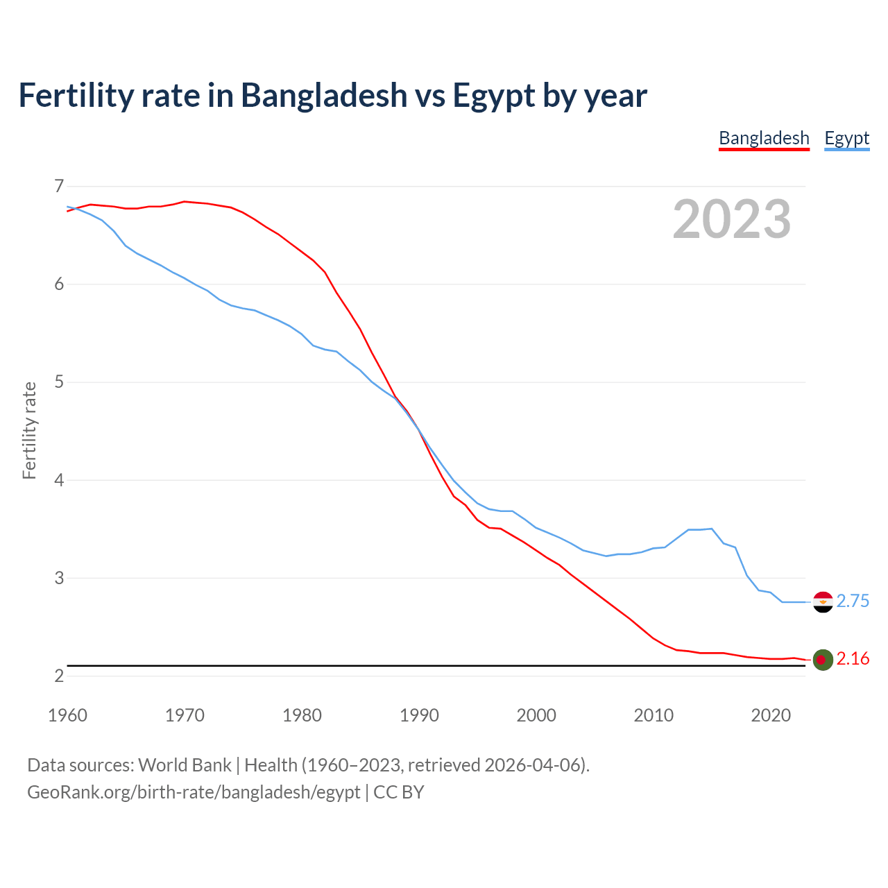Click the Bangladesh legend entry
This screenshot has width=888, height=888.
[764, 138]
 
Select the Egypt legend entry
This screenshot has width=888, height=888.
[846, 138]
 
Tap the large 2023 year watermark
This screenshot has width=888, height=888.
[732, 219]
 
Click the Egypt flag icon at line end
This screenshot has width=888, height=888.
[822, 601]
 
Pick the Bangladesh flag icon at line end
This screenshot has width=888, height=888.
[822, 659]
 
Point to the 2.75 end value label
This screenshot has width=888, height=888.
[853, 601]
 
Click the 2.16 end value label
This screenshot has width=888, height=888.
[853, 659]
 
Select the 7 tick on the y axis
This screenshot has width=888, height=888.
[58, 186]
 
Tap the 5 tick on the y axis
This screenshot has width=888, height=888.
[58, 382]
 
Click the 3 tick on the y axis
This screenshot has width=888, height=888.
[58, 578]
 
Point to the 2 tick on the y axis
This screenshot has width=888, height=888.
[58, 676]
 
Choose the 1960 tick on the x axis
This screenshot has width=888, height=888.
[67, 715]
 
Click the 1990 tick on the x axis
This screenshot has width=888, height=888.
[419, 715]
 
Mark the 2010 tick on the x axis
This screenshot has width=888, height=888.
[654, 715]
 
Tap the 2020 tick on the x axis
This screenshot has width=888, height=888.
[771, 715]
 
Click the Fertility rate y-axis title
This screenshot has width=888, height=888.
[29, 430]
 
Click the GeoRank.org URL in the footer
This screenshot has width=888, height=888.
[194, 792]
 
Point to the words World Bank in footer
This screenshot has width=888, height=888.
[185, 765]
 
